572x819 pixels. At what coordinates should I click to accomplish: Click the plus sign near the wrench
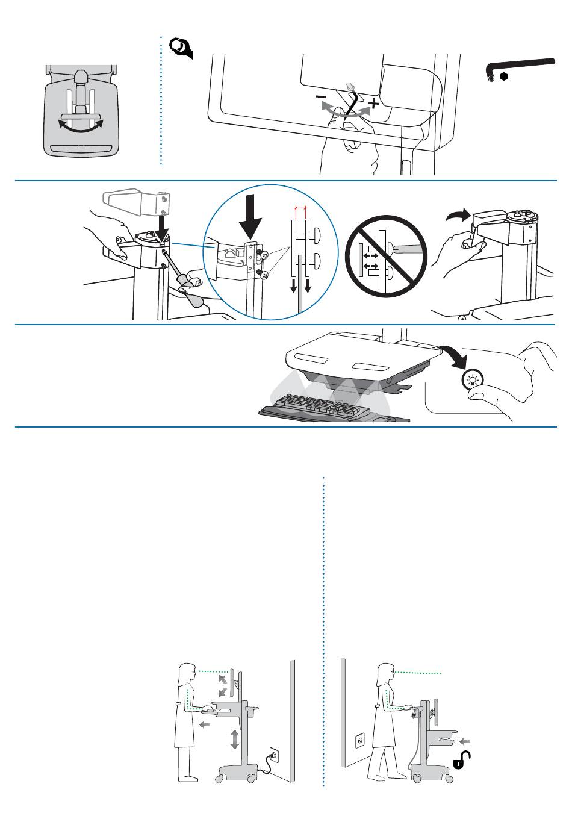(x=374, y=104)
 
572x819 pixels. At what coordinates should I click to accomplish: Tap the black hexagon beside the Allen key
(x=504, y=76)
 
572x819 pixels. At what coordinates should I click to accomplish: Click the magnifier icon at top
(x=181, y=47)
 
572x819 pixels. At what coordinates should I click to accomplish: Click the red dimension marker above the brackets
(x=300, y=208)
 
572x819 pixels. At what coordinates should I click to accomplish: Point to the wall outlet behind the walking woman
(x=361, y=739)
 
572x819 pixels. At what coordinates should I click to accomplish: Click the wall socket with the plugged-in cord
(x=272, y=753)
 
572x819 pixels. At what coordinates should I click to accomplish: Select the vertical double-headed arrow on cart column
(x=235, y=739)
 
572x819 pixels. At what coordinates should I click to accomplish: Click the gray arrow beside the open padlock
(x=464, y=740)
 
